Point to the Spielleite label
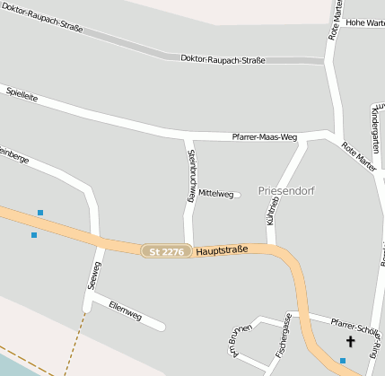(22, 92)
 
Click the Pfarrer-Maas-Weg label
(264, 136)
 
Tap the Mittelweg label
(215, 194)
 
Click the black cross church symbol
(350, 342)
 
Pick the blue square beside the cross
(342, 361)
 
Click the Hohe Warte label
(364, 22)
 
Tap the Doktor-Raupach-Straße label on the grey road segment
(223, 59)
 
